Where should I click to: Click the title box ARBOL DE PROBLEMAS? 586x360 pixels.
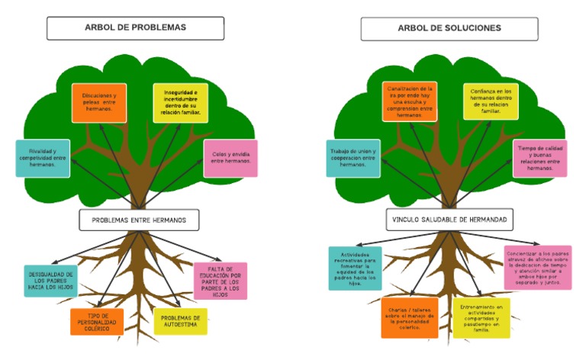point(135,28)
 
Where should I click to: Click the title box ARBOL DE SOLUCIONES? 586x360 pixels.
point(449,28)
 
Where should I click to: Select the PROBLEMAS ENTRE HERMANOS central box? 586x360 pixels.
point(139,220)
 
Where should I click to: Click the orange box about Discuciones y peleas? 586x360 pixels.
point(98,102)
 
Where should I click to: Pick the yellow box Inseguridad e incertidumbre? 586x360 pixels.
point(180,103)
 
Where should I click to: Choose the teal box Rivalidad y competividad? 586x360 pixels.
point(43,158)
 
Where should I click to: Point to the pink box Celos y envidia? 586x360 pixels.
point(230,158)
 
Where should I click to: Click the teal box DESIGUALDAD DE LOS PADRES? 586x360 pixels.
point(50,281)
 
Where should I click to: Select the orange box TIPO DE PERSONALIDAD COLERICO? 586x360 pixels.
point(96,321)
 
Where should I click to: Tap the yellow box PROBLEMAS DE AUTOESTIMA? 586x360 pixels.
point(180,321)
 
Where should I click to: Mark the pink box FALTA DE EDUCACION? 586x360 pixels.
point(220,281)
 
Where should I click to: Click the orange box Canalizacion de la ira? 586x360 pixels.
point(410,102)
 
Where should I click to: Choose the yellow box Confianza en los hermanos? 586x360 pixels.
point(491,101)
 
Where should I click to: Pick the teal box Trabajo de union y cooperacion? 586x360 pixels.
point(353,158)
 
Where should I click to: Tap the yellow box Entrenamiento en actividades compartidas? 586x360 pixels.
point(481,317)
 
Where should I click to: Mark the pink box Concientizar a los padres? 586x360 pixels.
point(537,267)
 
